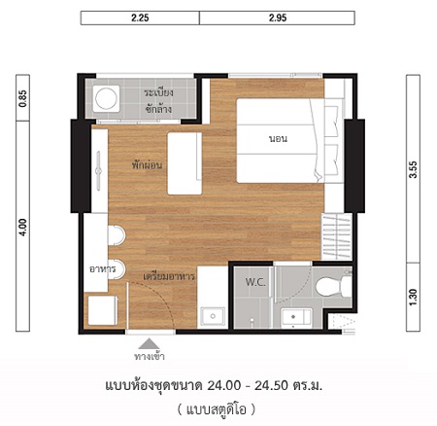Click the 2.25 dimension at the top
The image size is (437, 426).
[140, 18]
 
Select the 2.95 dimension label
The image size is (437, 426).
[278, 18]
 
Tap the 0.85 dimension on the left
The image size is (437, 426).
[23, 98]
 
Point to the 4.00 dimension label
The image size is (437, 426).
[23, 228]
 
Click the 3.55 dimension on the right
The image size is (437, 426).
[413, 169]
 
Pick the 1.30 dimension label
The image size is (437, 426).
[413, 298]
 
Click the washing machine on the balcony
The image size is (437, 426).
[106, 97]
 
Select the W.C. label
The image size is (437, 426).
[255, 282]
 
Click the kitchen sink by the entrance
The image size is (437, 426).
[213, 316]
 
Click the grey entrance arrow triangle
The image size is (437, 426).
[149, 343]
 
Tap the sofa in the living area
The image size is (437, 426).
[185, 163]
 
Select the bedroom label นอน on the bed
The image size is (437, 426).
[278, 139]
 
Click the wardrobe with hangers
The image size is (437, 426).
[336, 236]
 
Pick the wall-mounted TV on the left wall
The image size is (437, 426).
[99, 170]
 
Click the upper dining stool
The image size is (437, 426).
[117, 234]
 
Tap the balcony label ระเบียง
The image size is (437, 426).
[158, 93]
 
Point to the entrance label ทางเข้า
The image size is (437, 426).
[150, 357]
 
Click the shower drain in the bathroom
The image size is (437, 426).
[252, 320]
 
